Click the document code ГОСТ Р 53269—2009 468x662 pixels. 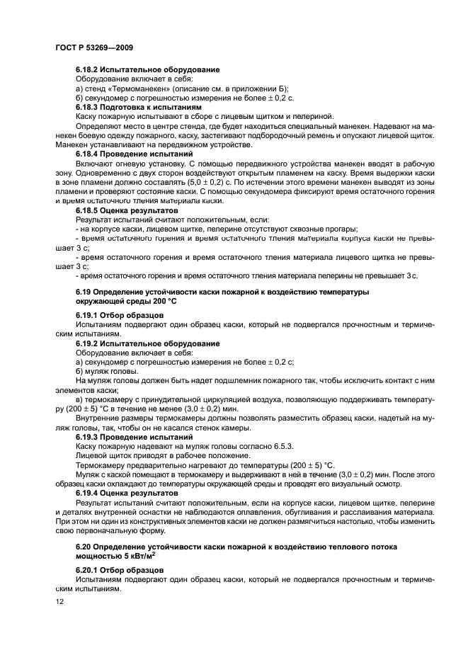coord(93,47)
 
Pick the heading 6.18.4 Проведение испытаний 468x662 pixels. coord(134,154)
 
